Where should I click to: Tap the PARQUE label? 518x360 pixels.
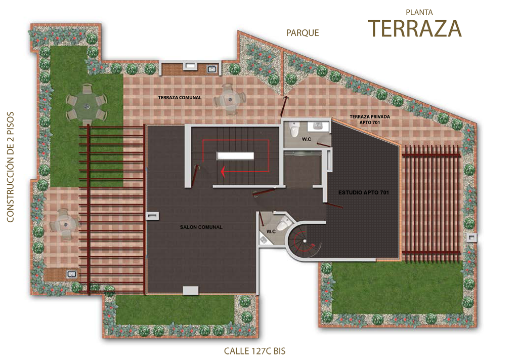pos(303,33)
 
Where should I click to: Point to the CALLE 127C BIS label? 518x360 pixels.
pos(255,351)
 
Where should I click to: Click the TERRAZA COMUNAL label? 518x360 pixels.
pos(180,98)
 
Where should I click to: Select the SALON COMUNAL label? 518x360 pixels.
pos(201,227)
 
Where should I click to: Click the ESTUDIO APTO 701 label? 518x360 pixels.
pos(363,192)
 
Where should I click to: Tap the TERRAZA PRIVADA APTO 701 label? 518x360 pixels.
pos(370,119)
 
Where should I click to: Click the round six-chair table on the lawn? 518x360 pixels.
pos(87,104)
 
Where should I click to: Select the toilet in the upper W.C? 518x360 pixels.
pos(294,129)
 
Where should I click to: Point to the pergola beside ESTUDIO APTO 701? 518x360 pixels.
pos(431,199)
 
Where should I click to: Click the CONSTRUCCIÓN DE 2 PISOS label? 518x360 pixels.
pos(10,167)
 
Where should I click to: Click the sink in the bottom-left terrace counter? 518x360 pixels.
pos(72,274)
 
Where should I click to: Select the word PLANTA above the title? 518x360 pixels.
pos(419,13)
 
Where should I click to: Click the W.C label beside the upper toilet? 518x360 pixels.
pos(306,139)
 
